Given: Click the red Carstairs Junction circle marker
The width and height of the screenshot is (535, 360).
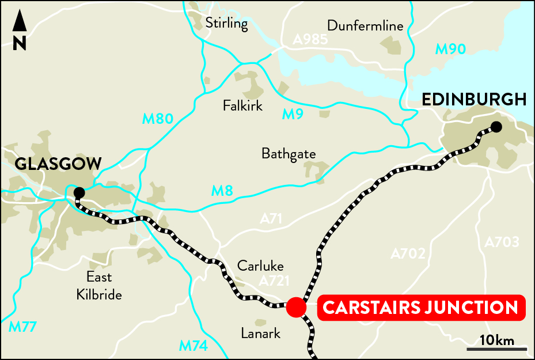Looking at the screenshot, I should point(296,308).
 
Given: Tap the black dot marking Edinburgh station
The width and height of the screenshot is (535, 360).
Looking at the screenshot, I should point(496,127).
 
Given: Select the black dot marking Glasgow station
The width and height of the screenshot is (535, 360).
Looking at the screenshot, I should point(79,192).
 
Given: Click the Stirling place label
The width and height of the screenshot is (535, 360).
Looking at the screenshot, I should point(226,24).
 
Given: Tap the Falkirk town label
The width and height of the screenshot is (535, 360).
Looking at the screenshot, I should point(242,106).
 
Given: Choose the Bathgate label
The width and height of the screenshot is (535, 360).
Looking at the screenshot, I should point(289,154).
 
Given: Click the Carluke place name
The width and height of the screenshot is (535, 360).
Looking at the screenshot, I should point(261,266).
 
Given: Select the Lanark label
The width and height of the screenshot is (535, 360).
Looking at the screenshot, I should point(261,333).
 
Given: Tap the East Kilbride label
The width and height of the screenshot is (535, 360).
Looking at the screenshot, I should point(99,286).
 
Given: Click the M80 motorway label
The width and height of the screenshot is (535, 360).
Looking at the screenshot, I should point(157,119).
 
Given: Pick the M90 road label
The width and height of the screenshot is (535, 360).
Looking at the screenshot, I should point(450,49).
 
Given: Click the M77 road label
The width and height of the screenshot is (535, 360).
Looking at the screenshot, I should point(23,327).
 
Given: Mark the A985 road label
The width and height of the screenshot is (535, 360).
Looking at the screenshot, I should point(310,40).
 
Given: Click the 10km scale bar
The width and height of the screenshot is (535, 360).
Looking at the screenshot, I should point(496,348).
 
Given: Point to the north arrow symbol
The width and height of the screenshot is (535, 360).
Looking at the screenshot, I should point(20,31).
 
